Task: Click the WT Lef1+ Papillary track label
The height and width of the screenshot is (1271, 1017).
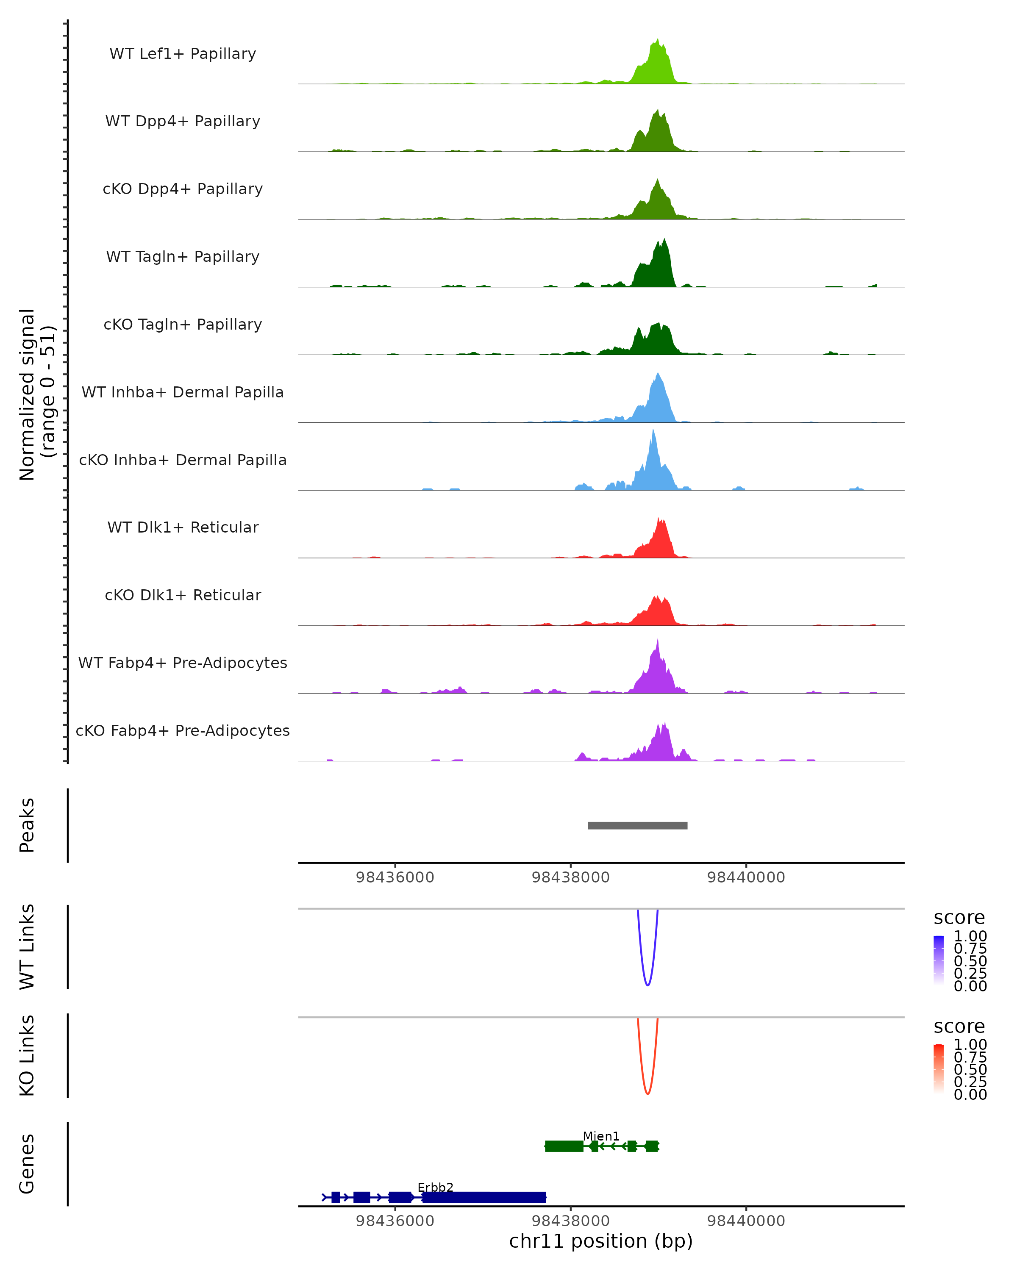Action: pos(183,54)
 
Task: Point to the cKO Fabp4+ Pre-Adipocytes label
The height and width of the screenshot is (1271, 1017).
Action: pos(183,730)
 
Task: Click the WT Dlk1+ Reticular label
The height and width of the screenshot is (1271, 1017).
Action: pos(183,527)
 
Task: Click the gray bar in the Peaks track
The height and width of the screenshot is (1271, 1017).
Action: pos(637,825)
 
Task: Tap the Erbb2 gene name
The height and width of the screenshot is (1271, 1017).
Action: pos(435,1187)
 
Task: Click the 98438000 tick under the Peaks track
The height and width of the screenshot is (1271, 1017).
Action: pos(570,877)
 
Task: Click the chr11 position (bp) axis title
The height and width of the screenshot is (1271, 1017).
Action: pos(601,1241)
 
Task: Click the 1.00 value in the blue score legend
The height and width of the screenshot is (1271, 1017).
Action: pos(970,936)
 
